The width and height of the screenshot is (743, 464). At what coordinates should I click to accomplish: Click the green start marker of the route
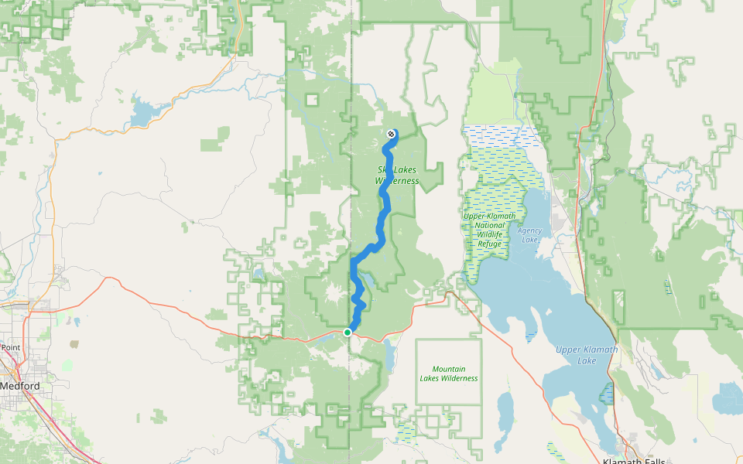point(348,332)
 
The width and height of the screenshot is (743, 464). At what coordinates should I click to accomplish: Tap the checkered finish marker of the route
point(391,134)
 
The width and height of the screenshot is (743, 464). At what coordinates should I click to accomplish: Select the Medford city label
point(19,385)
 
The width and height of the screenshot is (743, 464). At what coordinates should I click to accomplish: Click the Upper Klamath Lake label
point(587,355)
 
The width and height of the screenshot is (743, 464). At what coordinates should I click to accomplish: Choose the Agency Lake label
point(529,235)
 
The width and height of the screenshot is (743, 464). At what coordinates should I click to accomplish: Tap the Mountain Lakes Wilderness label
point(449,374)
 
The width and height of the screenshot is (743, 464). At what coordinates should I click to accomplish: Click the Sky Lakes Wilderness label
point(397,175)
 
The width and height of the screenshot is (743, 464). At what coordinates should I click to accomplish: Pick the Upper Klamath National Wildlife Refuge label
point(489,230)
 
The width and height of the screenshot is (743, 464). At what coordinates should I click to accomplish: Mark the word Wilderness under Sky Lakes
point(397,181)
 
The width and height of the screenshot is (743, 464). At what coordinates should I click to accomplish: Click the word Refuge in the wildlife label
point(489,244)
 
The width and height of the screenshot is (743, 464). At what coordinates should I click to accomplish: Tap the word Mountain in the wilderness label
point(449,369)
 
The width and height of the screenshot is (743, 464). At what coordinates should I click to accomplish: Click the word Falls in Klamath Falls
point(649,461)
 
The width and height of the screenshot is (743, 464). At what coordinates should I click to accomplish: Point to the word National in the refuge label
point(490,225)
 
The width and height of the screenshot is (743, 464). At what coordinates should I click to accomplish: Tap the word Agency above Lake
point(529,230)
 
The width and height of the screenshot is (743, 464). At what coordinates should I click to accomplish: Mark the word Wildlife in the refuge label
point(489,234)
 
